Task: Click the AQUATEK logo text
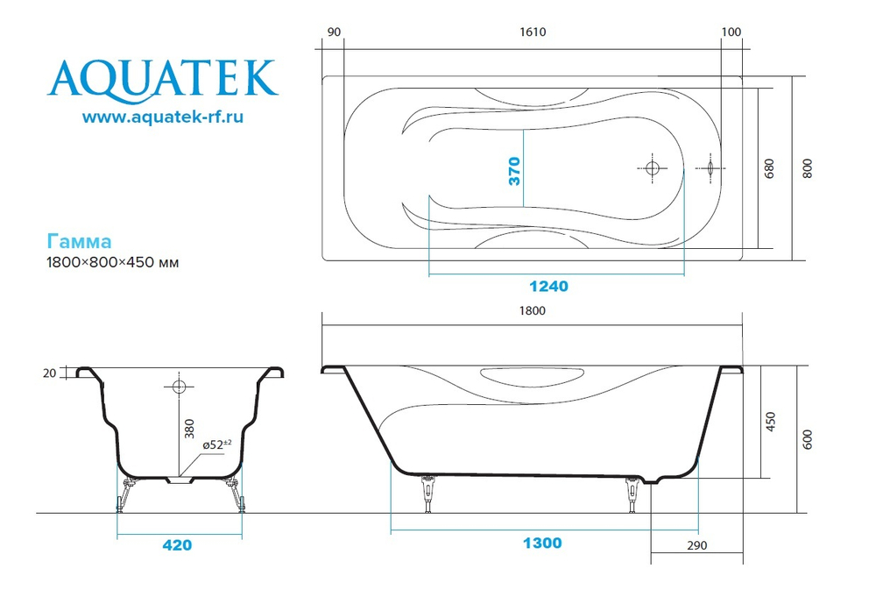coord(163,78)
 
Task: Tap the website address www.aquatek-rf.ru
coord(163,117)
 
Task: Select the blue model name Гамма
coord(79,241)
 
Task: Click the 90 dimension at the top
coord(333,32)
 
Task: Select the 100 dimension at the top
coord(731,32)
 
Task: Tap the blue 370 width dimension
coord(515,169)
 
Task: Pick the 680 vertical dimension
coord(769,169)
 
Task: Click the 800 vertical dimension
coord(808,168)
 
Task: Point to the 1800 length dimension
coord(533,311)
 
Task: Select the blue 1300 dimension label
coord(542,544)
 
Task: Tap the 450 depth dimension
coord(771,423)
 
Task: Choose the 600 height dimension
coord(808,439)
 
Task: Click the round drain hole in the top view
coord(653,168)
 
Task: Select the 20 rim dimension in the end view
coord(49,373)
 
